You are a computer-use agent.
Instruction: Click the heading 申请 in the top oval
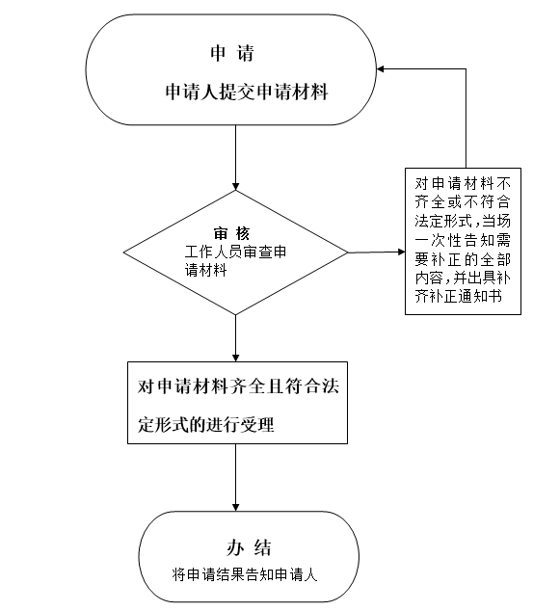pyautogui.click(x=232, y=53)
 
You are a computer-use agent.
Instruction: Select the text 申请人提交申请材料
pyautogui.click(x=247, y=92)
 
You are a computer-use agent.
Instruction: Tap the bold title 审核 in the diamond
pyautogui.click(x=231, y=233)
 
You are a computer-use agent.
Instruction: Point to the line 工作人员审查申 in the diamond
pyautogui.click(x=235, y=252)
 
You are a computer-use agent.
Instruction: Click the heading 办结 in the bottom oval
pyautogui.click(x=249, y=547)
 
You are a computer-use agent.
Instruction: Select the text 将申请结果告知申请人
pyautogui.click(x=245, y=574)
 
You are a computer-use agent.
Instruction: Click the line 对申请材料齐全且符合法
pyautogui.click(x=238, y=386)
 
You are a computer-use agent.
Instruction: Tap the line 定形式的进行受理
pyautogui.click(x=205, y=424)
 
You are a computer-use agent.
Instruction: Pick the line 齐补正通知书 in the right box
pyautogui.click(x=458, y=297)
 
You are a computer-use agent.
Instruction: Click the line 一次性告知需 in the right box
pyautogui.click(x=463, y=240)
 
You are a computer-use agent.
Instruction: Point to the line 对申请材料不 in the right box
pyautogui.click(x=463, y=183)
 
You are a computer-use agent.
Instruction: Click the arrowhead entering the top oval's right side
pyautogui.click(x=381, y=69)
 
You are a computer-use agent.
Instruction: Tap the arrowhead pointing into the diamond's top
pyautogui.click(x=235, y=186)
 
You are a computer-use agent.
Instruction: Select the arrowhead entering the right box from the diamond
pyautogui.click(x=401, y=252)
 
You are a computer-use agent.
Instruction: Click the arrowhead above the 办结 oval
pyautogui.click(x=235, y=507)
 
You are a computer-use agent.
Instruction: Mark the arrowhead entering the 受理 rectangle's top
pyautogui.click(x=235, y=358)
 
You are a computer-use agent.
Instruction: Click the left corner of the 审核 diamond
pyautogui.click(x=124, y=252)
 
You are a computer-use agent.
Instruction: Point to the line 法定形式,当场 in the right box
pyautogui.click(x=463, y=221)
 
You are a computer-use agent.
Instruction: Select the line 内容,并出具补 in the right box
pyautogui.click(x=463, y=278)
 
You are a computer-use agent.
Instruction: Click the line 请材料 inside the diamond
pyautogui.click(x=205, y=271)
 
